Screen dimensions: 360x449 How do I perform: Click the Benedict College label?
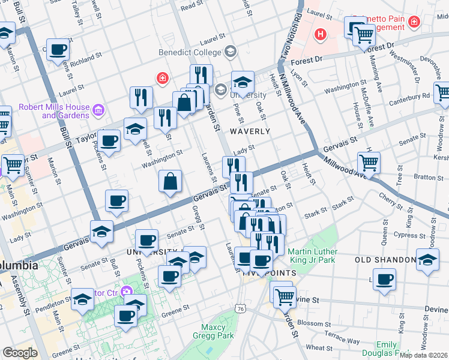[x=190, y=52]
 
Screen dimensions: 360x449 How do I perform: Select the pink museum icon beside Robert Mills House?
[x=99, y=110]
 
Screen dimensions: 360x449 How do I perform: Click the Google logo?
[x=20, y=353]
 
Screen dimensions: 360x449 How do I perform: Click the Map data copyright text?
[x=424, y=355]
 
